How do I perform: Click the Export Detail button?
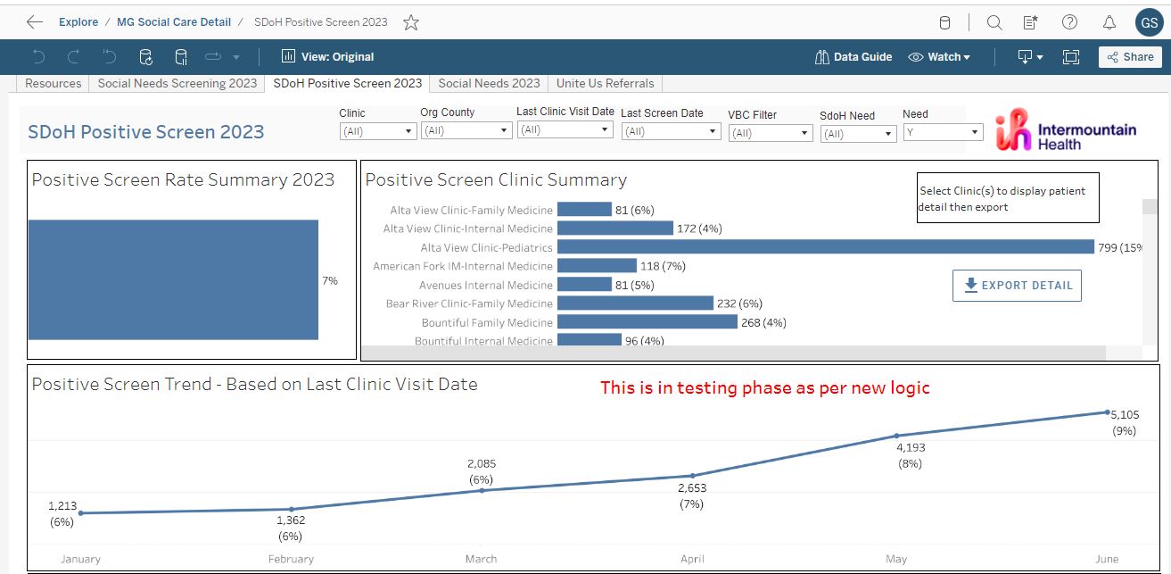[x=1017, y=286]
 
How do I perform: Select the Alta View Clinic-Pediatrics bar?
[x=825, y=247]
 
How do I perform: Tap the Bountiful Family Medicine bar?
[x=647, y=322]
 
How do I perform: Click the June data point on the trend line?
[x=1107, y=412]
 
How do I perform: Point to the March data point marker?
[x=482, y=490]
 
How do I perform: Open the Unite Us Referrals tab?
[x=605, y=83]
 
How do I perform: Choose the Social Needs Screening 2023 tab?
[x=177, y=83]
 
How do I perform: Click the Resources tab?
[x=53, y=83]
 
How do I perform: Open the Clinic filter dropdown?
[x=378, y=131]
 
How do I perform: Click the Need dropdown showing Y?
[x=942, y=132]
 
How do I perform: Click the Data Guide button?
[x=854, y=57]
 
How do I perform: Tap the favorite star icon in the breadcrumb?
[x=411, y=22]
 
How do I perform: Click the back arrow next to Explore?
[x=35, y=22]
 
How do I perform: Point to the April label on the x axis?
[x=691, y=559]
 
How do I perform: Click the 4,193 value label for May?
[x=911, y=448]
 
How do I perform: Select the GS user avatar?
[x=1149, y=23]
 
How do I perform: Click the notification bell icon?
[x=1109, y=22]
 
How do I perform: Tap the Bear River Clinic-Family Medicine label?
[x=469, y=304]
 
